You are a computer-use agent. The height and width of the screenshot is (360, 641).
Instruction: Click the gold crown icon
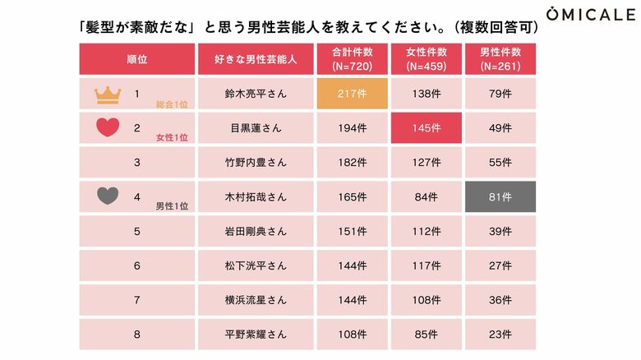click(108, 95)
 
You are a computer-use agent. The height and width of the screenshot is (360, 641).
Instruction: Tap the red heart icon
click(108, 128)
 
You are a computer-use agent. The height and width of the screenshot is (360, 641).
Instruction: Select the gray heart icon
click(108, 196)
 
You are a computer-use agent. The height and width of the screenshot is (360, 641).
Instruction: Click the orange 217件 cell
click(352, 95)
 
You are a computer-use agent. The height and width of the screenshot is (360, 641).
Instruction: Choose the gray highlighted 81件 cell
click(500, 197)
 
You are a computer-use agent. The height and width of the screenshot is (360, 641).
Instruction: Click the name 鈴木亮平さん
click(255, 95)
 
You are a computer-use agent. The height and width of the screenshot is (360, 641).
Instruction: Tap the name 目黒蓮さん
click(255, 129)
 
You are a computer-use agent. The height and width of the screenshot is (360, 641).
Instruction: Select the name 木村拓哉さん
click(255, 197)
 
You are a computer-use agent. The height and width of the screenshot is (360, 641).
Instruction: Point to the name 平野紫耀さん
click(255, 335)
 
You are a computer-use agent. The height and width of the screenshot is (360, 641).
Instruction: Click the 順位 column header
click(136, 59)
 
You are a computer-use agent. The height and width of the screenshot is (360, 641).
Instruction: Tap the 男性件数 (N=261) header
click(500, 59)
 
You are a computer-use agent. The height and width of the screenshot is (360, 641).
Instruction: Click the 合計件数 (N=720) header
click(352, 59)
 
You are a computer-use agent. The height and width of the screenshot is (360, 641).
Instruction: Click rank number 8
click(137, 335)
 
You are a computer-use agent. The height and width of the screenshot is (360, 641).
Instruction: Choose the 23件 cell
click(500, 335)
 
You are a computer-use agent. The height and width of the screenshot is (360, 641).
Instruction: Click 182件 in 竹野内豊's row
click(352, 163)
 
